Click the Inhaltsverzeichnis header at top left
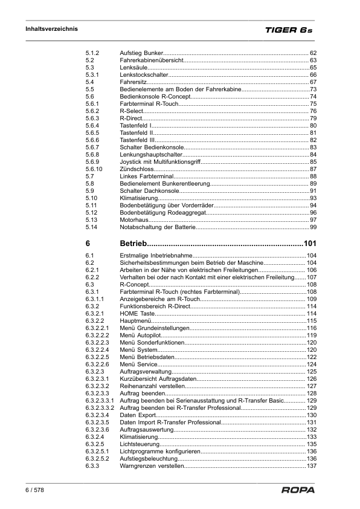point(51,29)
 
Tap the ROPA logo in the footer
point(298,490)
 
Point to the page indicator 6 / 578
point(34,490)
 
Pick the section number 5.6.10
point(95,169)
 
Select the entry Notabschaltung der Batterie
point(157,227)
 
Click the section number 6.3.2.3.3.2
point(100,408)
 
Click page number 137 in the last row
point(312,466)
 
